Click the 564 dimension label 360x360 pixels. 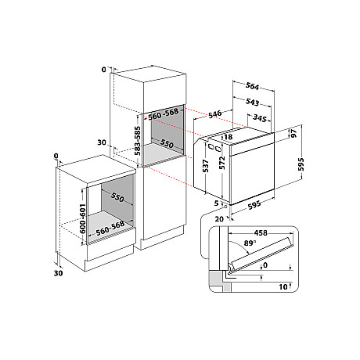(x=252, y=86)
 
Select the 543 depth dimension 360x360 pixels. (x=252, y=102)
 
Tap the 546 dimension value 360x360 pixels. (x=214, y=114)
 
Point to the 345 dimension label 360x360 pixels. (x=260, y=118)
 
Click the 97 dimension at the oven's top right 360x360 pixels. (x=293, y=133)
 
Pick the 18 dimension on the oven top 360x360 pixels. (x=228, y=137)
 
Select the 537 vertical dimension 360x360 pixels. (x=206, y=166)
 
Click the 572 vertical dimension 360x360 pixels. (x=222, y=163)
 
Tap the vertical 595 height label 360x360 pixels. (x=301, y=164)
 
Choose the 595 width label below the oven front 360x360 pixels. (x=254, y=205)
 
